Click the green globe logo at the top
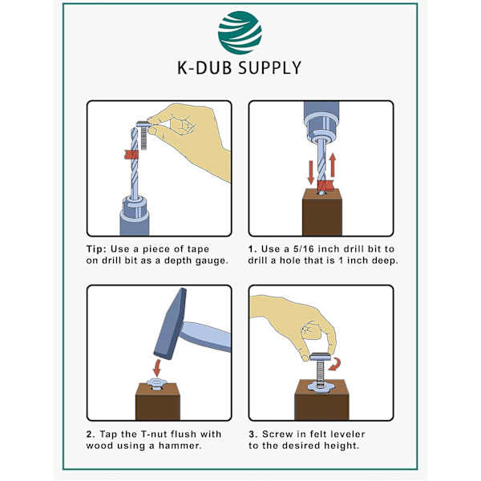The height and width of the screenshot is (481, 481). (240, 33)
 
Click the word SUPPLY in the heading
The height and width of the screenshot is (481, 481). (269, 68)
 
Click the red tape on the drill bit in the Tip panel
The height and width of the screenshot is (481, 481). (131, 154)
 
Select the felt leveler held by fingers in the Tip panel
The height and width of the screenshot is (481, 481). (143, 135)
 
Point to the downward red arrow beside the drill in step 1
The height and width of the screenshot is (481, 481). (311, 172)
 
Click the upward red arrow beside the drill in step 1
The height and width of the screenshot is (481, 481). (333, 165)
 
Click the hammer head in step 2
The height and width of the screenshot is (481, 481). (170, 324)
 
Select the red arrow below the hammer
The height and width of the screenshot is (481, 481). (157, 368)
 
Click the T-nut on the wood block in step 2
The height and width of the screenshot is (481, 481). (157, 384)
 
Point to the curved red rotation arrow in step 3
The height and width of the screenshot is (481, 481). (335, 364)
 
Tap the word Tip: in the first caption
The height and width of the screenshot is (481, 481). (96, 249)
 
